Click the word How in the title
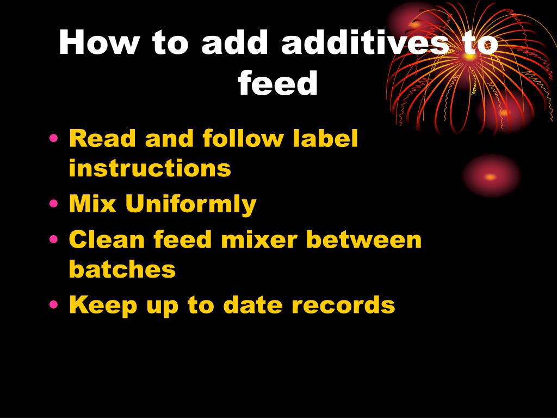point(98,43)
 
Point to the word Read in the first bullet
point(101,139)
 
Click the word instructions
point(150,169)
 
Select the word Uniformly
point(190,205)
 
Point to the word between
point(369,239)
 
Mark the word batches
point(122,269)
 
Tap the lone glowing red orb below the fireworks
point(491,176)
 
